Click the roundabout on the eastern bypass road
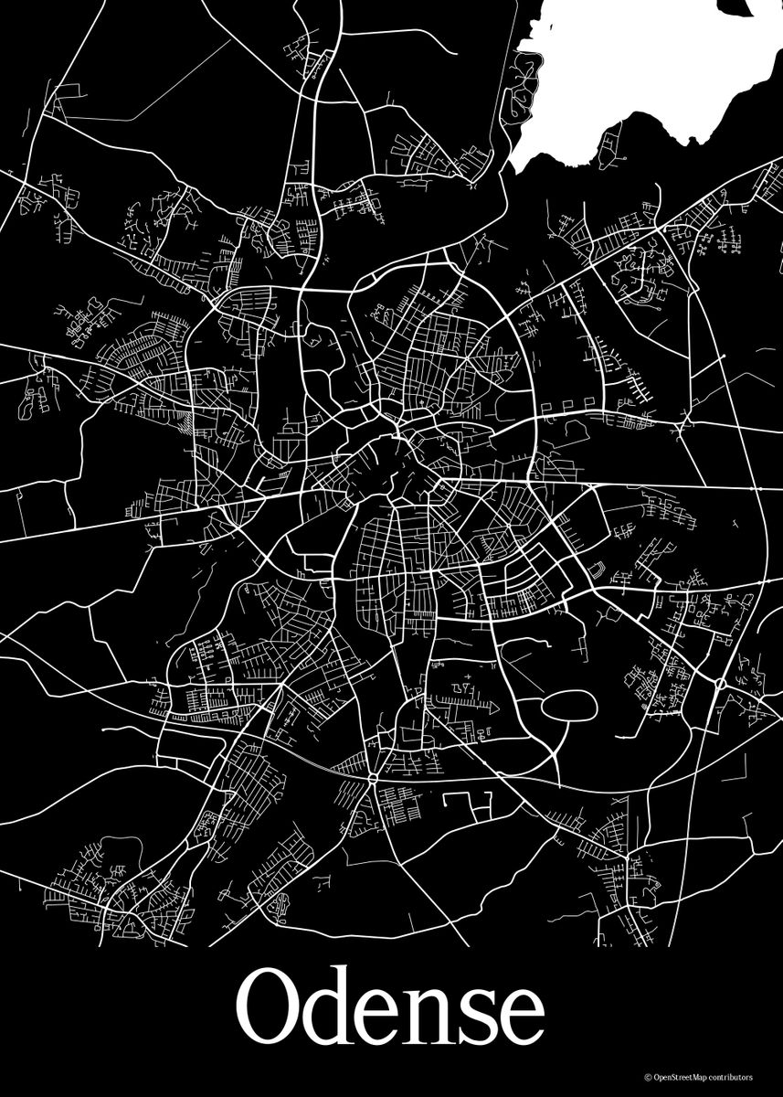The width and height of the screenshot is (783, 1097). tap(722, 683)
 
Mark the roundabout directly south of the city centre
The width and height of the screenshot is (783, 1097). tap(373, 778)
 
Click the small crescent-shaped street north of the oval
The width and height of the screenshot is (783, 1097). tap(599, 570)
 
